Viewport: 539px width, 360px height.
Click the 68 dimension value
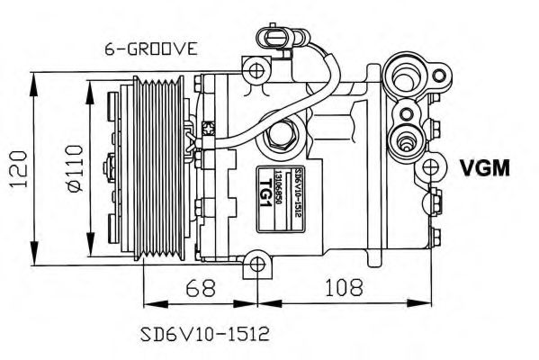(202, 289)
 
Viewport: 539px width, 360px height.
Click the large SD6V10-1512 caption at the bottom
(205, 332)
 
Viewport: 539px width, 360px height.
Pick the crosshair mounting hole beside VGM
(434, 167)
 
